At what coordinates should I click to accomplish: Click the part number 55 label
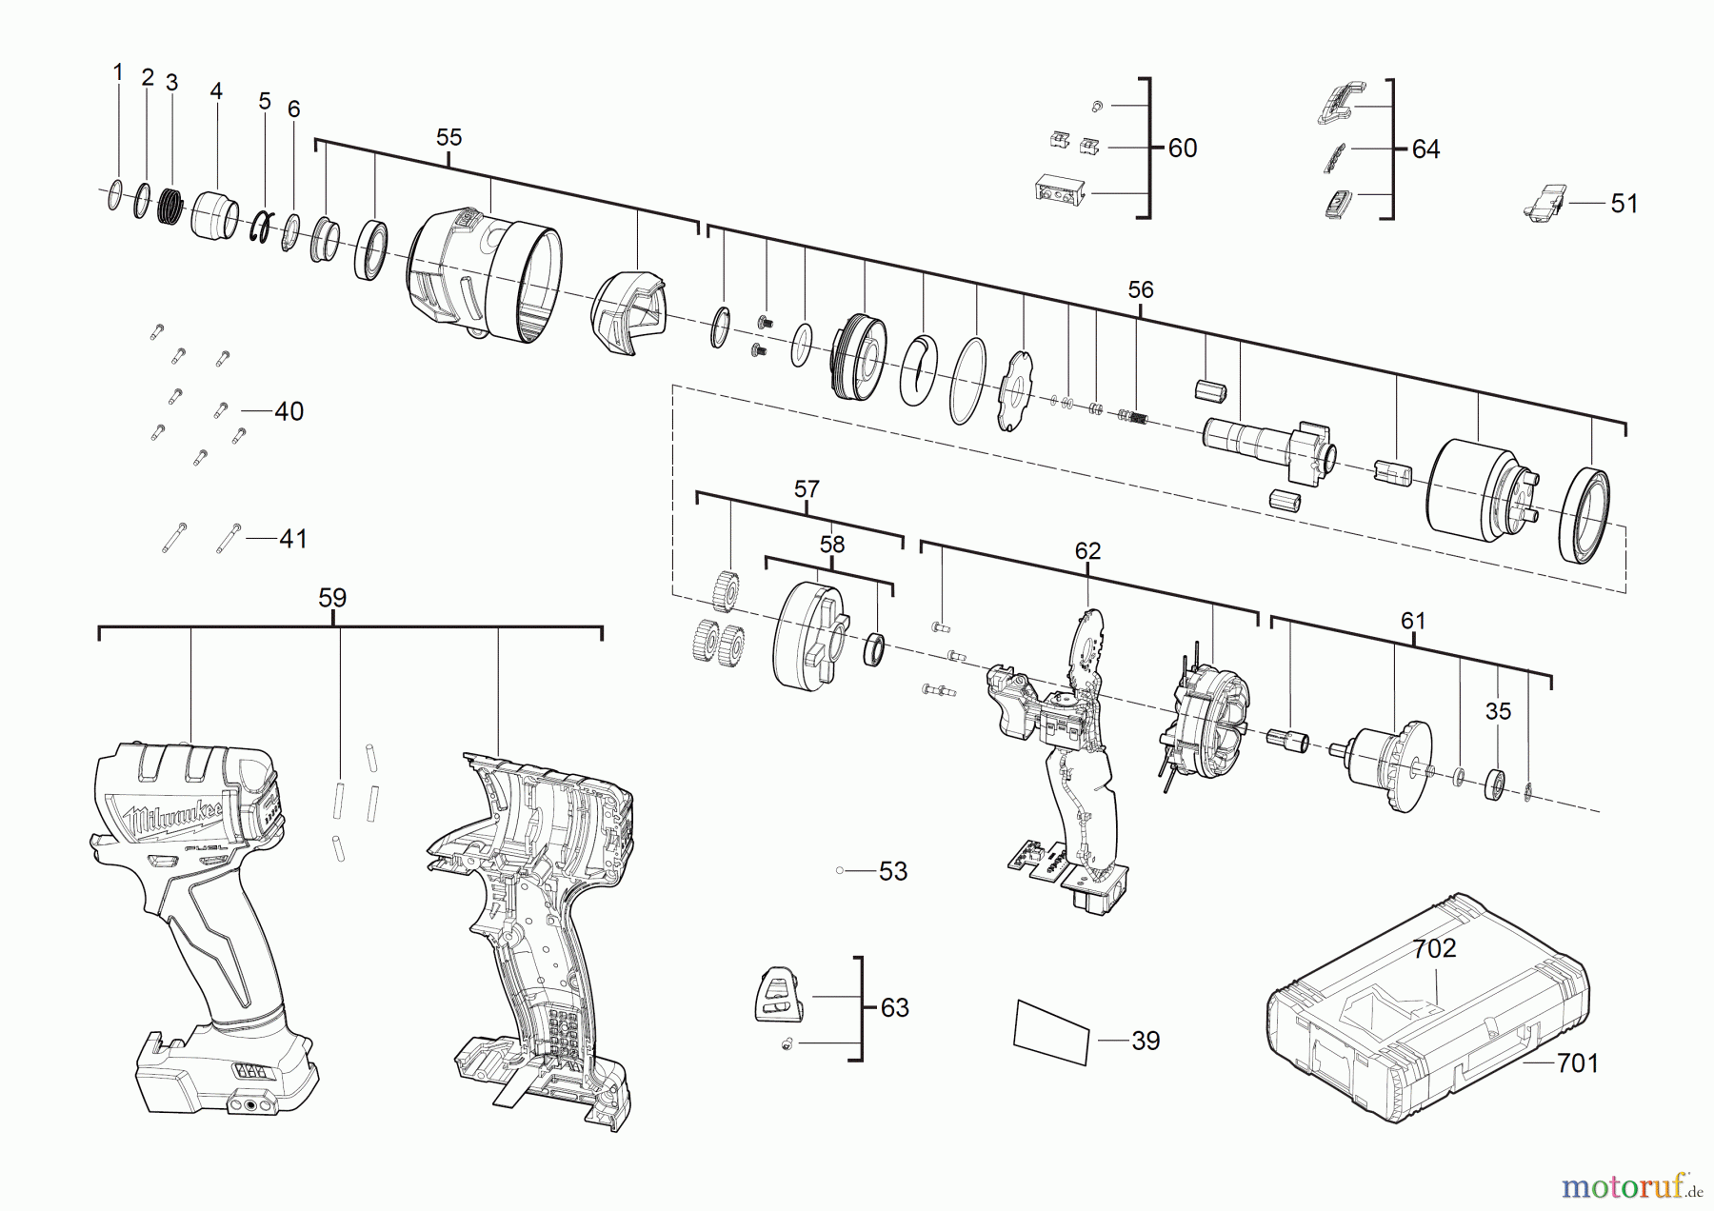click(448, 137)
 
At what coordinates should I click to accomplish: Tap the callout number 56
click(1140, 289)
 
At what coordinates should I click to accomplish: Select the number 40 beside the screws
click(289, 411)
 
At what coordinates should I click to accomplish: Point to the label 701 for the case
click(1577, 1062)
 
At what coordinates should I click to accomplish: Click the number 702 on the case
click(1434, 948)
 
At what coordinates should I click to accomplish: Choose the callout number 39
click(1146, 1041)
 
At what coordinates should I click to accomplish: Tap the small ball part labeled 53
click(840, 870)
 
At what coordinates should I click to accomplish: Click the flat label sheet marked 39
click(1051, 1032)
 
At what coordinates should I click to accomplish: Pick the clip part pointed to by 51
click(1545, 203)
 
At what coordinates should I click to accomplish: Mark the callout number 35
click(1498, 711)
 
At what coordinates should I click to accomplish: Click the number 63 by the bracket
click(894, 1007)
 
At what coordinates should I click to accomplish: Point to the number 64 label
click(1425, 149)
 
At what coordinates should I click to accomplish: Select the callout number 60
click(1182, 148)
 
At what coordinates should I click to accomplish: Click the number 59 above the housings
click(332, 598)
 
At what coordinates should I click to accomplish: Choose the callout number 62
click(1087, 551)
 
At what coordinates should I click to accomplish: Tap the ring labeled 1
click(115, 195)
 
